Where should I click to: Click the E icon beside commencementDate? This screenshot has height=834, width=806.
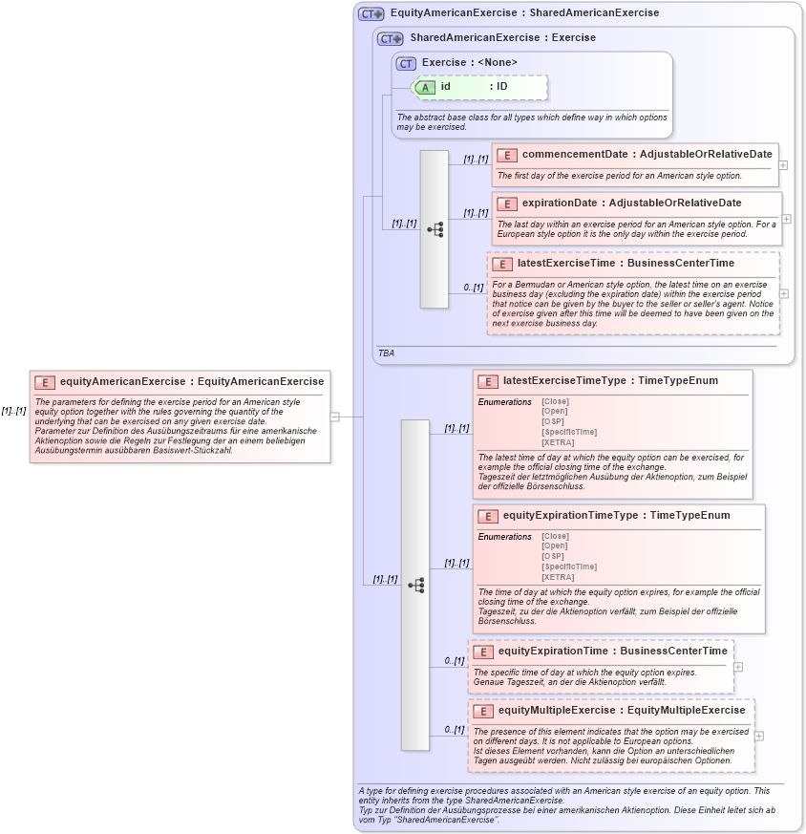click(507, 155)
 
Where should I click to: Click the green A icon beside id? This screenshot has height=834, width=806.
click(426, 87)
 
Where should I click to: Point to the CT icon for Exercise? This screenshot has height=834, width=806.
click(407, 63)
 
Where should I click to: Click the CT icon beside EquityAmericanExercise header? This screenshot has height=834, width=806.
click(371, 14)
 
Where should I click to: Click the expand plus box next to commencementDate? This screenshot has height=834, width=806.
click(783, 164)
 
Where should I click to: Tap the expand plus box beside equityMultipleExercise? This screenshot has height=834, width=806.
click(758, 736)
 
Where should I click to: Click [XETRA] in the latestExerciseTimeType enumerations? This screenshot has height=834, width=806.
click(558, 442)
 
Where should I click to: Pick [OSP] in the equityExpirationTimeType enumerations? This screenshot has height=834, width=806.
click(553, 556)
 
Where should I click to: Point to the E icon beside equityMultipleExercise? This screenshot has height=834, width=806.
click(483, 711)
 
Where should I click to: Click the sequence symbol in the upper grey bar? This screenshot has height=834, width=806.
click(435, 229)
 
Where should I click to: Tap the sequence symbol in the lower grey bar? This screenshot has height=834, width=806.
click(415, 585)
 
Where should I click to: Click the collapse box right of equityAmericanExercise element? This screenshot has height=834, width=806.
click(335, 417)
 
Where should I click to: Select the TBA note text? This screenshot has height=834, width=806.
click(386, 353)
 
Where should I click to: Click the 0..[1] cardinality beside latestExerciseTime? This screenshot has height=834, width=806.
click(473, 287)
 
